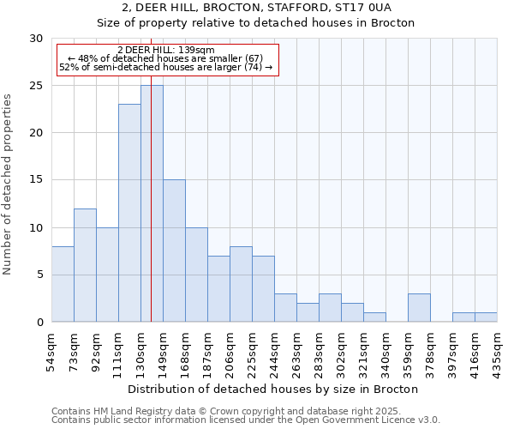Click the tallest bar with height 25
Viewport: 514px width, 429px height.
tap(152, 203)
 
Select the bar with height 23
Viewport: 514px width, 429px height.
tap(129, 213)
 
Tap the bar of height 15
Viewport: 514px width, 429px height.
tap(174, 251)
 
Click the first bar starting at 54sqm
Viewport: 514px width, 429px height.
tap(63, 284)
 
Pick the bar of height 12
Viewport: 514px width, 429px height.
tap(85, 265)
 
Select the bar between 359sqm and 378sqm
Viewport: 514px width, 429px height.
tap(419, 308)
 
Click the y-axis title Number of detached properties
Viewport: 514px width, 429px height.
tap(9, 184)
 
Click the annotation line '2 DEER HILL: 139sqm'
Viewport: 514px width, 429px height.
tap(166, 51)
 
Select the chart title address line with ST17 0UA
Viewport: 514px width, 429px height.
tap(256, 8)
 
